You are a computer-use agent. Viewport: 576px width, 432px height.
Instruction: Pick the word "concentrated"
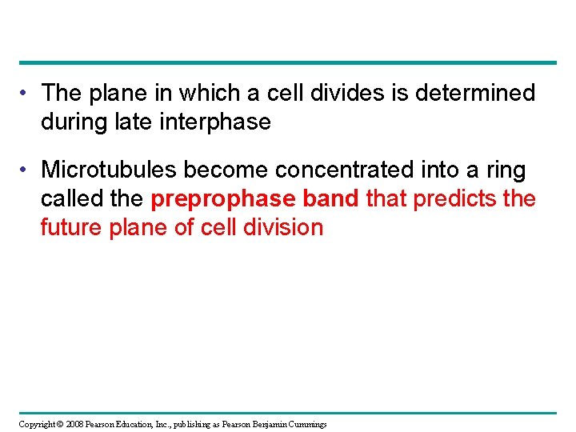point(350,170)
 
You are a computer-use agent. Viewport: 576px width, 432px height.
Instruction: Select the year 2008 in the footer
point(74,424)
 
